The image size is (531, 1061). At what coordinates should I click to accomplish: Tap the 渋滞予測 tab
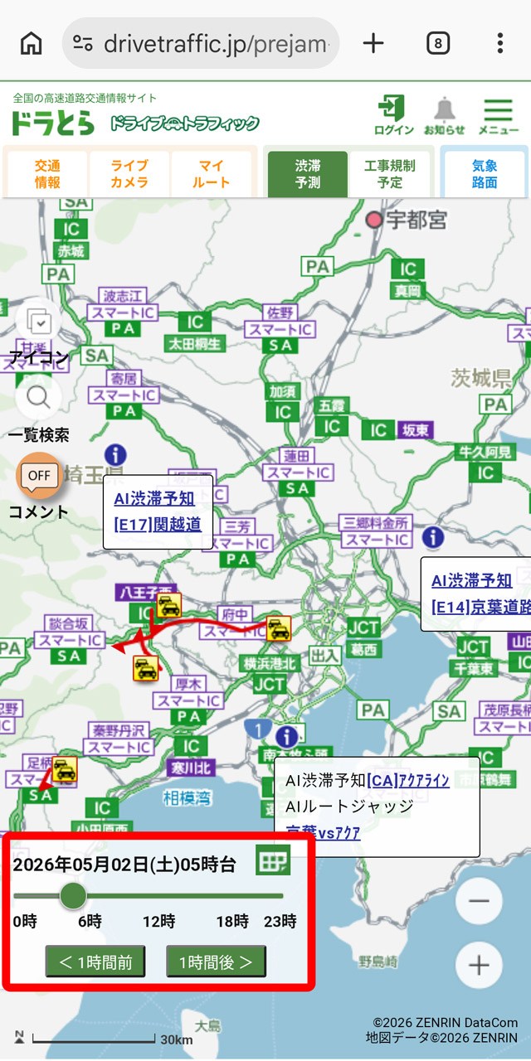coord(308,173)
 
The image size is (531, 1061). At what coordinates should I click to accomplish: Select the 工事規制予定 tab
coord(390,173)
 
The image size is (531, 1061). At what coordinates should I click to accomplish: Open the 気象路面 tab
coord(485,173)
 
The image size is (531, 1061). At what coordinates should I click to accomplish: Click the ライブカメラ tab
coord(129,173)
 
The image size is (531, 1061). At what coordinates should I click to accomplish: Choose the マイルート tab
coord(212,173)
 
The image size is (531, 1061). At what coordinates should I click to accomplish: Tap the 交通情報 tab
coord(48,173)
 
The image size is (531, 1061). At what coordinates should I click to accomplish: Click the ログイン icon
coord(393,114)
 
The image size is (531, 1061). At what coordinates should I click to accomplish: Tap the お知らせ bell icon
coord(445,114)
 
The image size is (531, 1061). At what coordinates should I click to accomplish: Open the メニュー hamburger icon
coord(498,114)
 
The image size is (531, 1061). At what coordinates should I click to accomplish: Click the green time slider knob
coord(74,895)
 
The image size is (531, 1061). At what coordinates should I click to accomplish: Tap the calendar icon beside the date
coord(273,862)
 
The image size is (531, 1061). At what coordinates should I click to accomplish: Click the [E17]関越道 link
coord(158,525)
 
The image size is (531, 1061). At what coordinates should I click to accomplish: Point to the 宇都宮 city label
coord(416,220)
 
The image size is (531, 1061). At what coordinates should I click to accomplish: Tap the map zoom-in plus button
coord(479,965)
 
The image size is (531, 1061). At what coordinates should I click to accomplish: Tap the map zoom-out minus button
coord(479,901)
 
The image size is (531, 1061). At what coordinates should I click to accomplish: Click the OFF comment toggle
coord(39,476)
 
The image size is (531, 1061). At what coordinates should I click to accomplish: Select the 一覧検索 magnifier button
coord(38,398)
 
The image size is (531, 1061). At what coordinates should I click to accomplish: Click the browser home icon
coord(31,43)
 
